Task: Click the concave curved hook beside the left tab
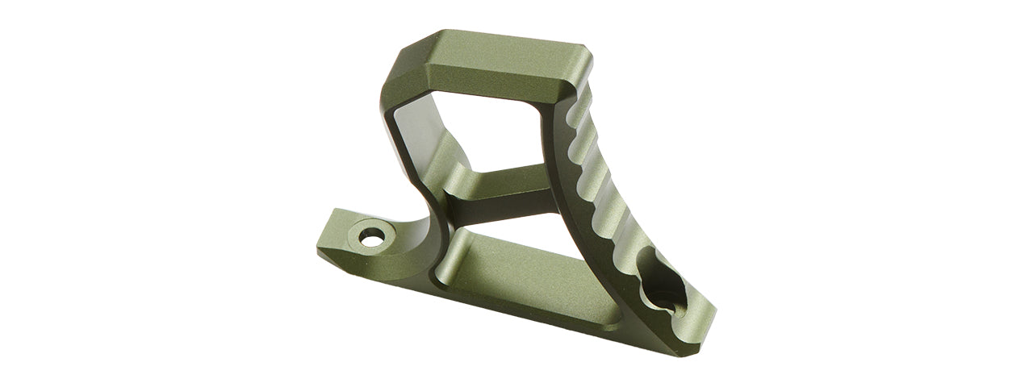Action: click(x=424, y=234)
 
